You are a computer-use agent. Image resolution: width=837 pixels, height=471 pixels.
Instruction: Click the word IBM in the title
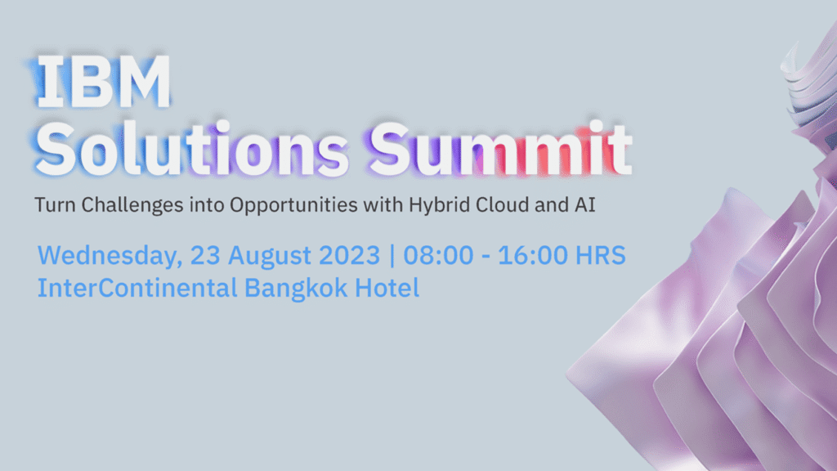[104, 82]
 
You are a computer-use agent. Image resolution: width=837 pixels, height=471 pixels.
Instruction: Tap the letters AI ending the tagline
[585, 204]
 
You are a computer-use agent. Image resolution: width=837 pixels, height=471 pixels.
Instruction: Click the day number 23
[205, 255]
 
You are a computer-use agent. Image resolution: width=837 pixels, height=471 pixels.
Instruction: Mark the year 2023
[349, 255]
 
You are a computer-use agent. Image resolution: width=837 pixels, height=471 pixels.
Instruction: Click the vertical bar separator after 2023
[392, 256]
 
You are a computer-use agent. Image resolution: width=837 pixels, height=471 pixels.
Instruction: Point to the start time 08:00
[438, 255]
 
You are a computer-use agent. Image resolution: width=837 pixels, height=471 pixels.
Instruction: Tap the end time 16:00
[533, 255]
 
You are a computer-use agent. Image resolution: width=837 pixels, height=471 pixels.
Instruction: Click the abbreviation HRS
[601, 255]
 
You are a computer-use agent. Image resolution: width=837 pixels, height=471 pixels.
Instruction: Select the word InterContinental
[137, 288]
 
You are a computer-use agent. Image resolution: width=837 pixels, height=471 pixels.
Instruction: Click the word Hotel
[387, 288]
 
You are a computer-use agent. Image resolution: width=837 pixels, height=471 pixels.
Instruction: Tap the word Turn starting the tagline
[55, 205]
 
